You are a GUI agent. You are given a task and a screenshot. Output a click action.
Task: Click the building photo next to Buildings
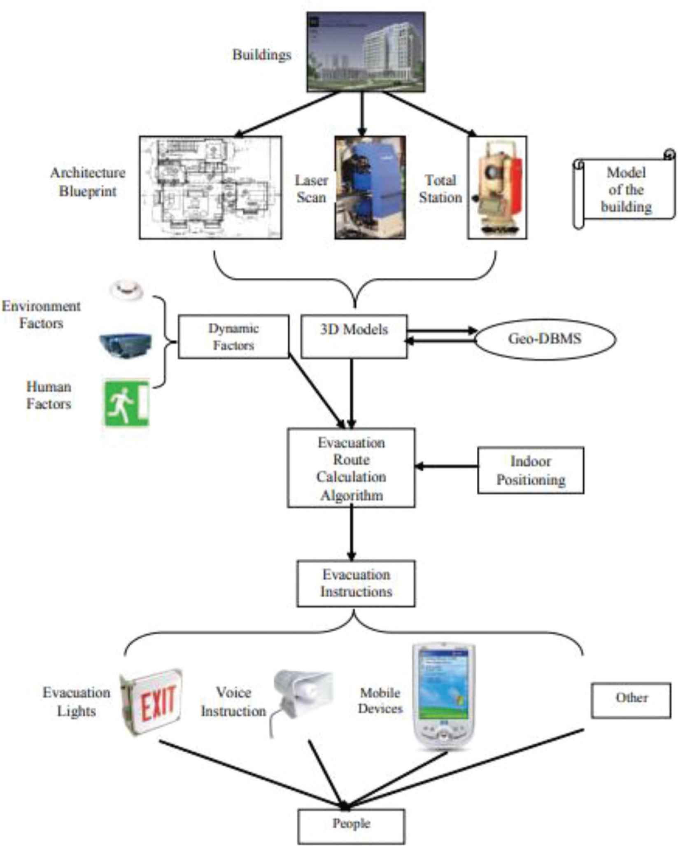point(366,52)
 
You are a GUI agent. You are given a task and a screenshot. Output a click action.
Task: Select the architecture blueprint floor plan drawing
point(210,188)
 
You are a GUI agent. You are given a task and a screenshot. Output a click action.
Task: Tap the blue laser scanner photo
point(370,188)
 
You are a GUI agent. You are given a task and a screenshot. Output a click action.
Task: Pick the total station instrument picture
point(497,188)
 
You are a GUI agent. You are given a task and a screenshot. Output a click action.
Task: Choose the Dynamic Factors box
point(233,337)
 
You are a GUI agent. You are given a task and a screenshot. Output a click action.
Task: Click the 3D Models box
point(354,336)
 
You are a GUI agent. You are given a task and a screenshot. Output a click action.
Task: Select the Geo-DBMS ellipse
point(545,339)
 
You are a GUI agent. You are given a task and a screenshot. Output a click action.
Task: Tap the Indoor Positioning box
point(531,470)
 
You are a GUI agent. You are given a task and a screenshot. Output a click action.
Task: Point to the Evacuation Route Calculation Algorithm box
point(351,468)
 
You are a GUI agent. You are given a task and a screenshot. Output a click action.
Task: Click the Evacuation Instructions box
point(356,583)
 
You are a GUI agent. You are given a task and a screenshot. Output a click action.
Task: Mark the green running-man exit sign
point(126,404)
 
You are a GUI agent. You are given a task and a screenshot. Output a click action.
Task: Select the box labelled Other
point(631,701)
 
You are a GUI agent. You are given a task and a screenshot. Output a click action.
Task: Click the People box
point(351,826)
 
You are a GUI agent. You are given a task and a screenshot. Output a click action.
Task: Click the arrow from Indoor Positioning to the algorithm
point(447,466)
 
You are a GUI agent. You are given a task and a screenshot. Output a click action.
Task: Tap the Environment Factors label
point(41,315)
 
